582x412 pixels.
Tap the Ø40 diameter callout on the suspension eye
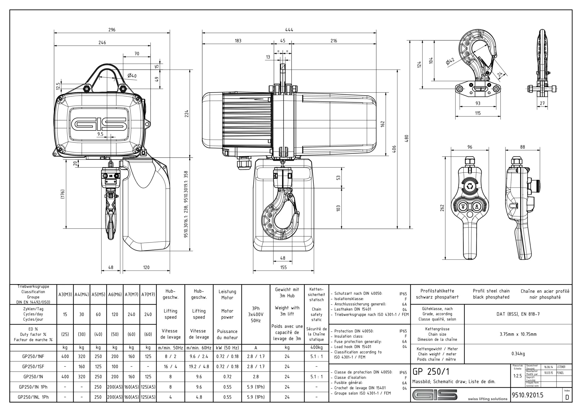click(132, 76)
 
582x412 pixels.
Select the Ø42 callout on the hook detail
click(450, 61)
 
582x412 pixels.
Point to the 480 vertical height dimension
click(406, 138)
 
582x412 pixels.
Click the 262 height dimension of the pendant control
click(442, 208)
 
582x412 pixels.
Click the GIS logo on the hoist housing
click(99, 124)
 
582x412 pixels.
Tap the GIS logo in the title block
click(435, 395)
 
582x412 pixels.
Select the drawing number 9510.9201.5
click(527, 395)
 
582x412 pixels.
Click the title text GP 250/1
click(431, 372)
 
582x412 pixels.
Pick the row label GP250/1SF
click(33, 367)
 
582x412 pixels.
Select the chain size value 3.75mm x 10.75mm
click(518, 334)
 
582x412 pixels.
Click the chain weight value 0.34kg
click(518, 354)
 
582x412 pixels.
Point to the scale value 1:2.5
click(518, 376)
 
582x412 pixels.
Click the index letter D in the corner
click(567, 397)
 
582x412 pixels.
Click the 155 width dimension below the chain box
click(283, 267)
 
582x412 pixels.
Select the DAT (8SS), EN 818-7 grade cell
click(518, 314)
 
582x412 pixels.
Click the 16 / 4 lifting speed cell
click(170, 367)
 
